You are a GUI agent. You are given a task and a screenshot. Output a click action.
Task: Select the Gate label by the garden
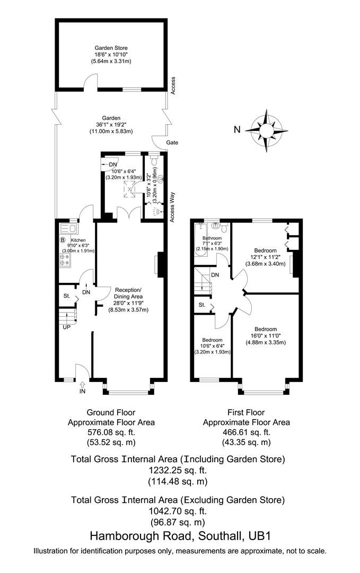pyautogui.click(x=172, y=143)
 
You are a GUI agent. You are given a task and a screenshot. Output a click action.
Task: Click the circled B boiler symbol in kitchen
pyautogui.click(x=62, y=240)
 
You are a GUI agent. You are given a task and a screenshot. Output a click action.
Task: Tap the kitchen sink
pyautogui.click(x=68, y=229)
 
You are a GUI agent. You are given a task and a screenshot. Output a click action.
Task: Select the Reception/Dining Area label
pyautogui.click(x=128, y=293)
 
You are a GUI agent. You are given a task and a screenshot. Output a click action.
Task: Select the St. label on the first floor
pyautogui.click(x=202, y=305)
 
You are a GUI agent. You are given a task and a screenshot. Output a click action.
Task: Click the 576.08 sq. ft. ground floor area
pyautogui.click(x=111, y=432)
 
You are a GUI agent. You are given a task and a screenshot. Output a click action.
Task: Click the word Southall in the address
pyautogui.click(x=205, y=536)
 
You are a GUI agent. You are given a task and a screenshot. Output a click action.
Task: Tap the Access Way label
pyautogui.click(x=172, y=207)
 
